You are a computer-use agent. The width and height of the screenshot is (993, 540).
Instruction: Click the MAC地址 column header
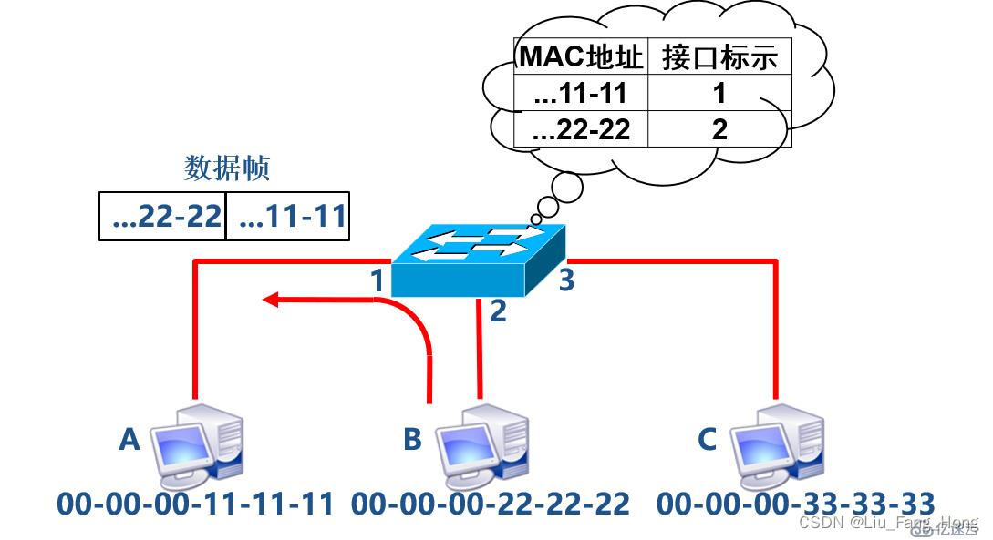[581, 56]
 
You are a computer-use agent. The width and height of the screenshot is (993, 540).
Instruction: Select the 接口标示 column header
[719, 56]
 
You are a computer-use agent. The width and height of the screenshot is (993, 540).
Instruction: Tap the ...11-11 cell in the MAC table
[581, 93]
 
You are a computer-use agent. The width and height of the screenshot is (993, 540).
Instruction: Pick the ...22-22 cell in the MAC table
[581, 129]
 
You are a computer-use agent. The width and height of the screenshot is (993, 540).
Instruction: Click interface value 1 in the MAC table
[719, 93]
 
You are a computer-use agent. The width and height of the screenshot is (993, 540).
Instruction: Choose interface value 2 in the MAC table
[719, 129]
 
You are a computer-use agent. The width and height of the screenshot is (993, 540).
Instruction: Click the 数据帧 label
[227, 168]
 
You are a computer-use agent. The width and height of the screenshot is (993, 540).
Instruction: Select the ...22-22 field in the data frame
[163, 217]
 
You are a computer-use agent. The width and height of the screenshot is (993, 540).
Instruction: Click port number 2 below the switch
[498, 311]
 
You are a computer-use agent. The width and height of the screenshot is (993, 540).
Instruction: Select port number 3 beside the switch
[566, 280]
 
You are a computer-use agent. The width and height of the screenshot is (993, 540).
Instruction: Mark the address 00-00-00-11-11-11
[195, 504]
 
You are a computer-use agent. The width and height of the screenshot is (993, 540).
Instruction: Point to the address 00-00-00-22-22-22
[491, 504]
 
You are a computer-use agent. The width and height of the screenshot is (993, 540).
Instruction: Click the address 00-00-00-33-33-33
[795, 504]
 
